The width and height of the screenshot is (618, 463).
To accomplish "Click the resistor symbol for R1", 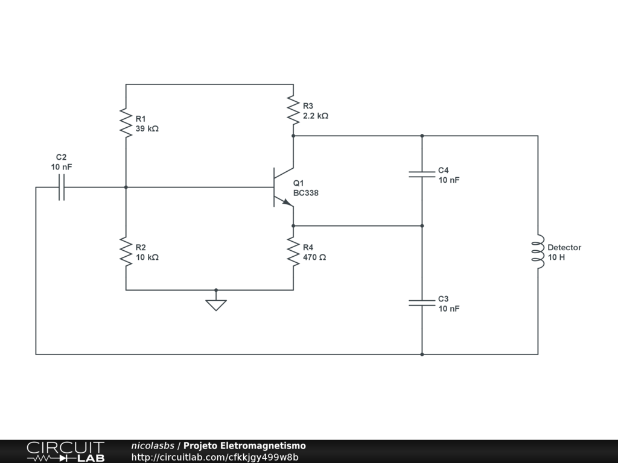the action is (126, 123).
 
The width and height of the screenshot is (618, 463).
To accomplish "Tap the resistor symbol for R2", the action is (126, 251).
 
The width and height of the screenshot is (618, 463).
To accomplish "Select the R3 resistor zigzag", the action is (293, 110).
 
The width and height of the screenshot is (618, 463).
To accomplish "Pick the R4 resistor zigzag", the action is (293, 251).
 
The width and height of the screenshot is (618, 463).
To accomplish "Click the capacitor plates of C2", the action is (62, 187).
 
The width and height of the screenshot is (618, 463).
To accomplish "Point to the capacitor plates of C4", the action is (422, 174).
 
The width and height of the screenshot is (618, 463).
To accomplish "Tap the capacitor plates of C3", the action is (422, 303).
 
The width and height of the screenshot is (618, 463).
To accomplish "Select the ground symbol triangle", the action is (216, 305).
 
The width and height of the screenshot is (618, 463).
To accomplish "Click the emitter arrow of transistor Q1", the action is (288, 203).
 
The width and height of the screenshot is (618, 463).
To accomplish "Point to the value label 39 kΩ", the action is (147, 129).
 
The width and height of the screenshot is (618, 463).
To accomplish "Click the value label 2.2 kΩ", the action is (316, 116).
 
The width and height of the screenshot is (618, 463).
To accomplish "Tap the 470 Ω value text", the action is (314, 257).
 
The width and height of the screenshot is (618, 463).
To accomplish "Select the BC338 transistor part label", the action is (306, 193).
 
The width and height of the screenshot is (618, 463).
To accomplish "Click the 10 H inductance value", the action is (556, 257).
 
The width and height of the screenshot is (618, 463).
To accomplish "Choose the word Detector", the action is (564, 248).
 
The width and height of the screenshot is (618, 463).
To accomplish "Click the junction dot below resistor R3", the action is (293, 136).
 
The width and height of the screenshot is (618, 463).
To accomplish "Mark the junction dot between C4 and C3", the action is (422, 226).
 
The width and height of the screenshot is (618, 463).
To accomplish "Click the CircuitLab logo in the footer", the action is (66, 452).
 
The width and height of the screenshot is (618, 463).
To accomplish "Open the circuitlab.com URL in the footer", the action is (215, 457).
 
